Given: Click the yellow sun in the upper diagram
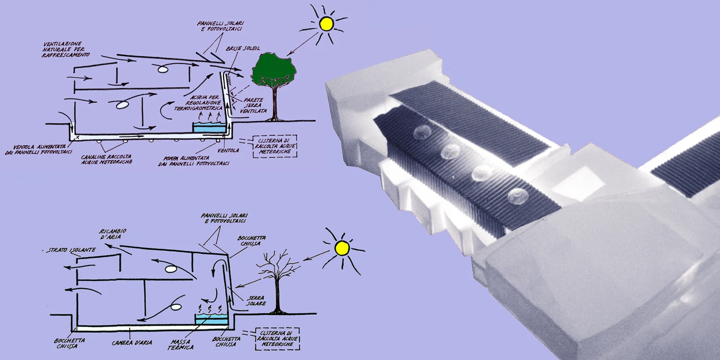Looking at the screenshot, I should click(325, 23).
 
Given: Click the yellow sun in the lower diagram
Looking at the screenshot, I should click(342, 248).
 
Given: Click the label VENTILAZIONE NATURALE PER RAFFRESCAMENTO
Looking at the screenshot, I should click(65, 49).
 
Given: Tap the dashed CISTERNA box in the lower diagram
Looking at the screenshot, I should click(277, 338).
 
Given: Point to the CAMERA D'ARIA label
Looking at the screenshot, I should click(132, 343).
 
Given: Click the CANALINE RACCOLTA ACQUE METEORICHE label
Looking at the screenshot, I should click(107, 159).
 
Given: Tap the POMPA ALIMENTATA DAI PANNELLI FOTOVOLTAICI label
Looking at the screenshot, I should click(194, 161).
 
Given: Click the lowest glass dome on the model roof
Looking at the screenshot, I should click(517, 195).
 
